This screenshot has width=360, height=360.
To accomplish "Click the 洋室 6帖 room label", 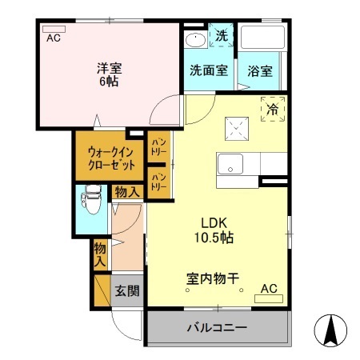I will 110,74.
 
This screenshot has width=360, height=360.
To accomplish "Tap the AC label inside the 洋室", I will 54,38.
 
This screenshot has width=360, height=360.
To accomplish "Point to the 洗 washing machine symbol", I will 222,36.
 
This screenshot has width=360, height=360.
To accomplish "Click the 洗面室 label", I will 207,70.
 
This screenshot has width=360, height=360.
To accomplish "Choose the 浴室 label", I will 259,70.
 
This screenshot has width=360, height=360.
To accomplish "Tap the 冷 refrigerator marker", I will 272,108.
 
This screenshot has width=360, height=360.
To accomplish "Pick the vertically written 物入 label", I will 100,254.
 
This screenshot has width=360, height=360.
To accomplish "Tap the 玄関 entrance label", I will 126,290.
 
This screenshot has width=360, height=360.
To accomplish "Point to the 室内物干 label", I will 213,280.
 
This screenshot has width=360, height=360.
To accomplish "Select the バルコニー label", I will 217,328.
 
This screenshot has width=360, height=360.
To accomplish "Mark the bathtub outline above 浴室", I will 263,40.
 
